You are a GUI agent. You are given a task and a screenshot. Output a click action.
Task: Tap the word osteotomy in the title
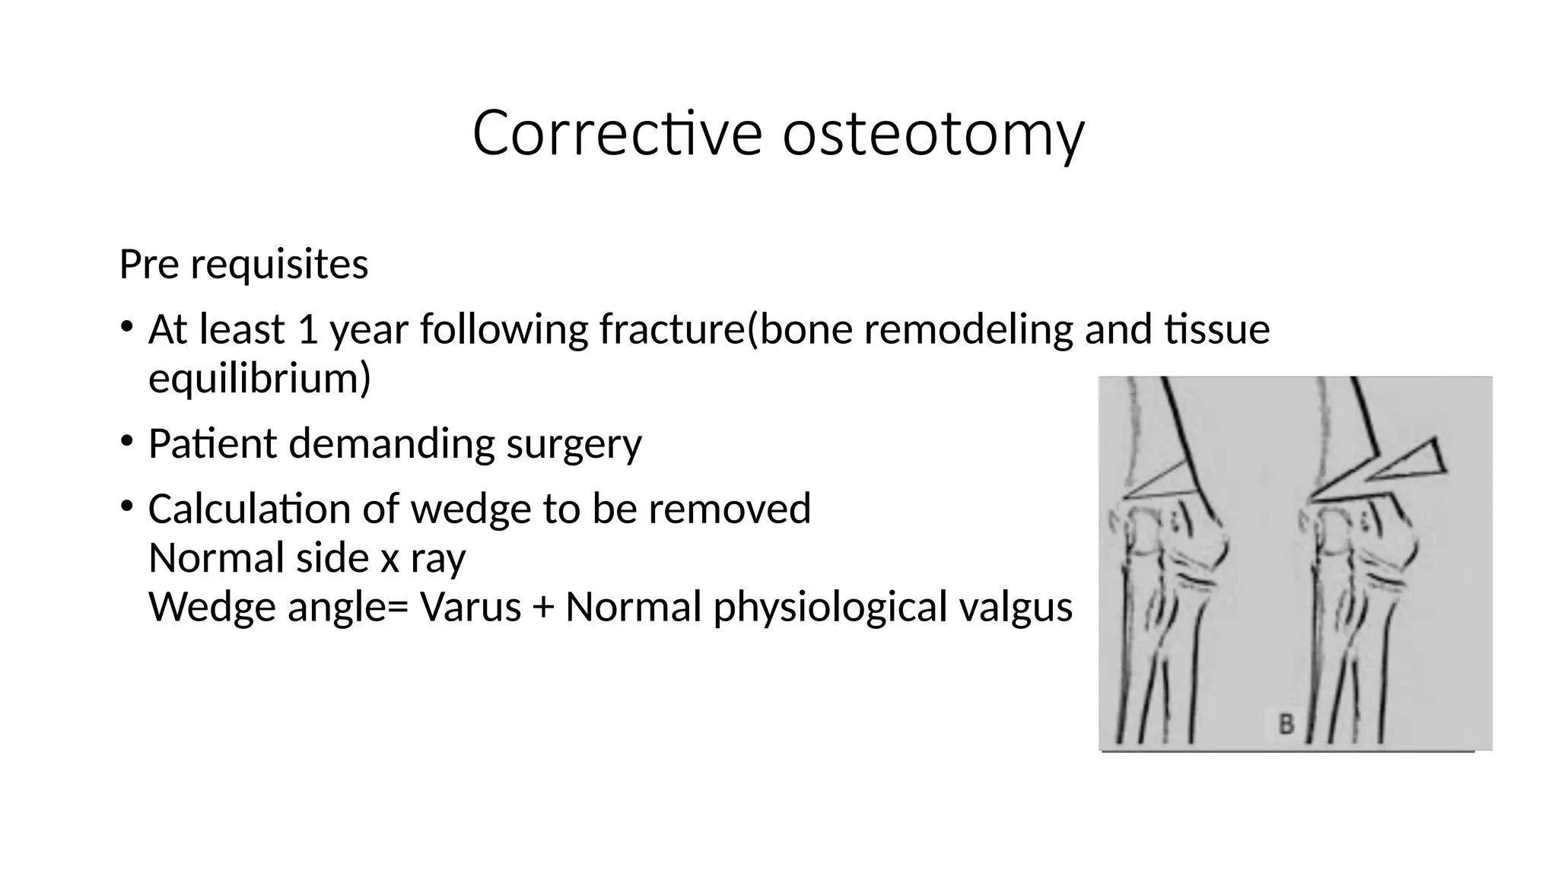coord(933,134)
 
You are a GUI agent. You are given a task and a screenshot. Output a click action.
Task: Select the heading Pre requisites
coord(243,265)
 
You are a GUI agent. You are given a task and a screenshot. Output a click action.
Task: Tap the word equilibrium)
coord(259,378)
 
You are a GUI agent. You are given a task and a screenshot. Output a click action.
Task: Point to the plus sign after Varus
coord(543,608)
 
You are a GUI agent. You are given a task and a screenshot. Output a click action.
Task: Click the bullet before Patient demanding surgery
coord(127,440)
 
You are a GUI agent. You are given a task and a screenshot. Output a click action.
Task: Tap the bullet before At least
coord(127,327)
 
